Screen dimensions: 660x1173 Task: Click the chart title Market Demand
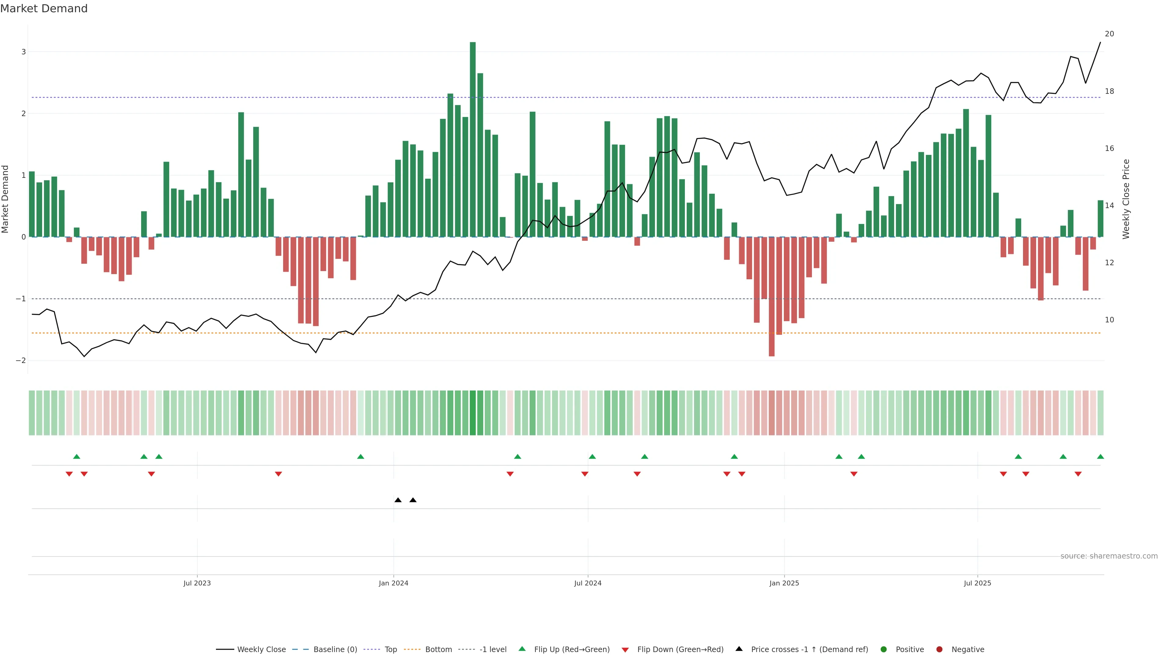(44, 9)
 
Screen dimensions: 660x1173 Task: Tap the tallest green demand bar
(473, 137)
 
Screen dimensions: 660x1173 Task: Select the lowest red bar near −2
(771, 296)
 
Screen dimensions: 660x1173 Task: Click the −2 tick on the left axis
(21, 360)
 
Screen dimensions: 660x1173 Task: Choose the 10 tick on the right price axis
(1109, 320)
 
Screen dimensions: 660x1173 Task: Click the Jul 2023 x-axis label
(197, 583)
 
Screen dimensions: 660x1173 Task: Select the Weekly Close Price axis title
(1126, 199)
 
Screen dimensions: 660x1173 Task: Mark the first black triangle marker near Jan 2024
(398, 500)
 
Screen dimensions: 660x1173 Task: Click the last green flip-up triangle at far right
(1100, 457)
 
